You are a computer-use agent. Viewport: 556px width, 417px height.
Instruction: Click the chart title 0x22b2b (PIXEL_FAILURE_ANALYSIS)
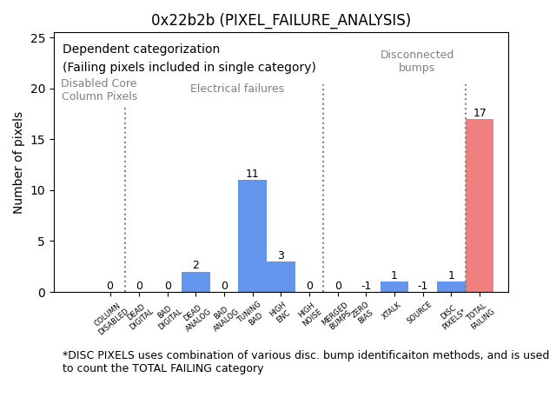[x=281, y=20]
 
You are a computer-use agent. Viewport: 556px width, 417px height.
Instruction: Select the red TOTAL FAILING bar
[x=480, y=205]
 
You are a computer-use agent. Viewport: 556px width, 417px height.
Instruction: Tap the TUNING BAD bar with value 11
[x=252, y=235]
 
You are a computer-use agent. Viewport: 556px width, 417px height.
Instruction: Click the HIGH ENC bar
[x=281, y=276]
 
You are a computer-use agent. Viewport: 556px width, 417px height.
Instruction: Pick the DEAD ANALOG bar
[x=195, y=281]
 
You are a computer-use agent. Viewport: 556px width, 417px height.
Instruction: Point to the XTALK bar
[x=394, y=287]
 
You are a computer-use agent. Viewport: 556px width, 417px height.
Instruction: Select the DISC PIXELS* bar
[x=451, y=287]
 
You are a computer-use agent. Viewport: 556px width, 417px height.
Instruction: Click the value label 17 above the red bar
[x=480, y=113]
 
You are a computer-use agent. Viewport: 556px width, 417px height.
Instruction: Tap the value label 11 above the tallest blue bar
[x=252, y=174]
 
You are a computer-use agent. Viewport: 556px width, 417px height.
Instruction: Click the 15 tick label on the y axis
[x=38, y=140]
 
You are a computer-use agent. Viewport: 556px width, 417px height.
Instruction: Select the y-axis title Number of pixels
[x=19, y=162]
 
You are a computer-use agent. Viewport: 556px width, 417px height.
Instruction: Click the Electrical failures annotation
[x=237, y=89]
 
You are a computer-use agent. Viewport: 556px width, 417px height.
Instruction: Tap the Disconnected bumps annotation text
[x=417, y=61]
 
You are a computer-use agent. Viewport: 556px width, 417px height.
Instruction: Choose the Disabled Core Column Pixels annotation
[x=99, y=89]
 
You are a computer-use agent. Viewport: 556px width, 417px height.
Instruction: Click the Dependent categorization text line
[x=141, y=50]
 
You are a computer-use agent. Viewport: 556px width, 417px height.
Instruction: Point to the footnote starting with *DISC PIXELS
[x=305, y=361]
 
